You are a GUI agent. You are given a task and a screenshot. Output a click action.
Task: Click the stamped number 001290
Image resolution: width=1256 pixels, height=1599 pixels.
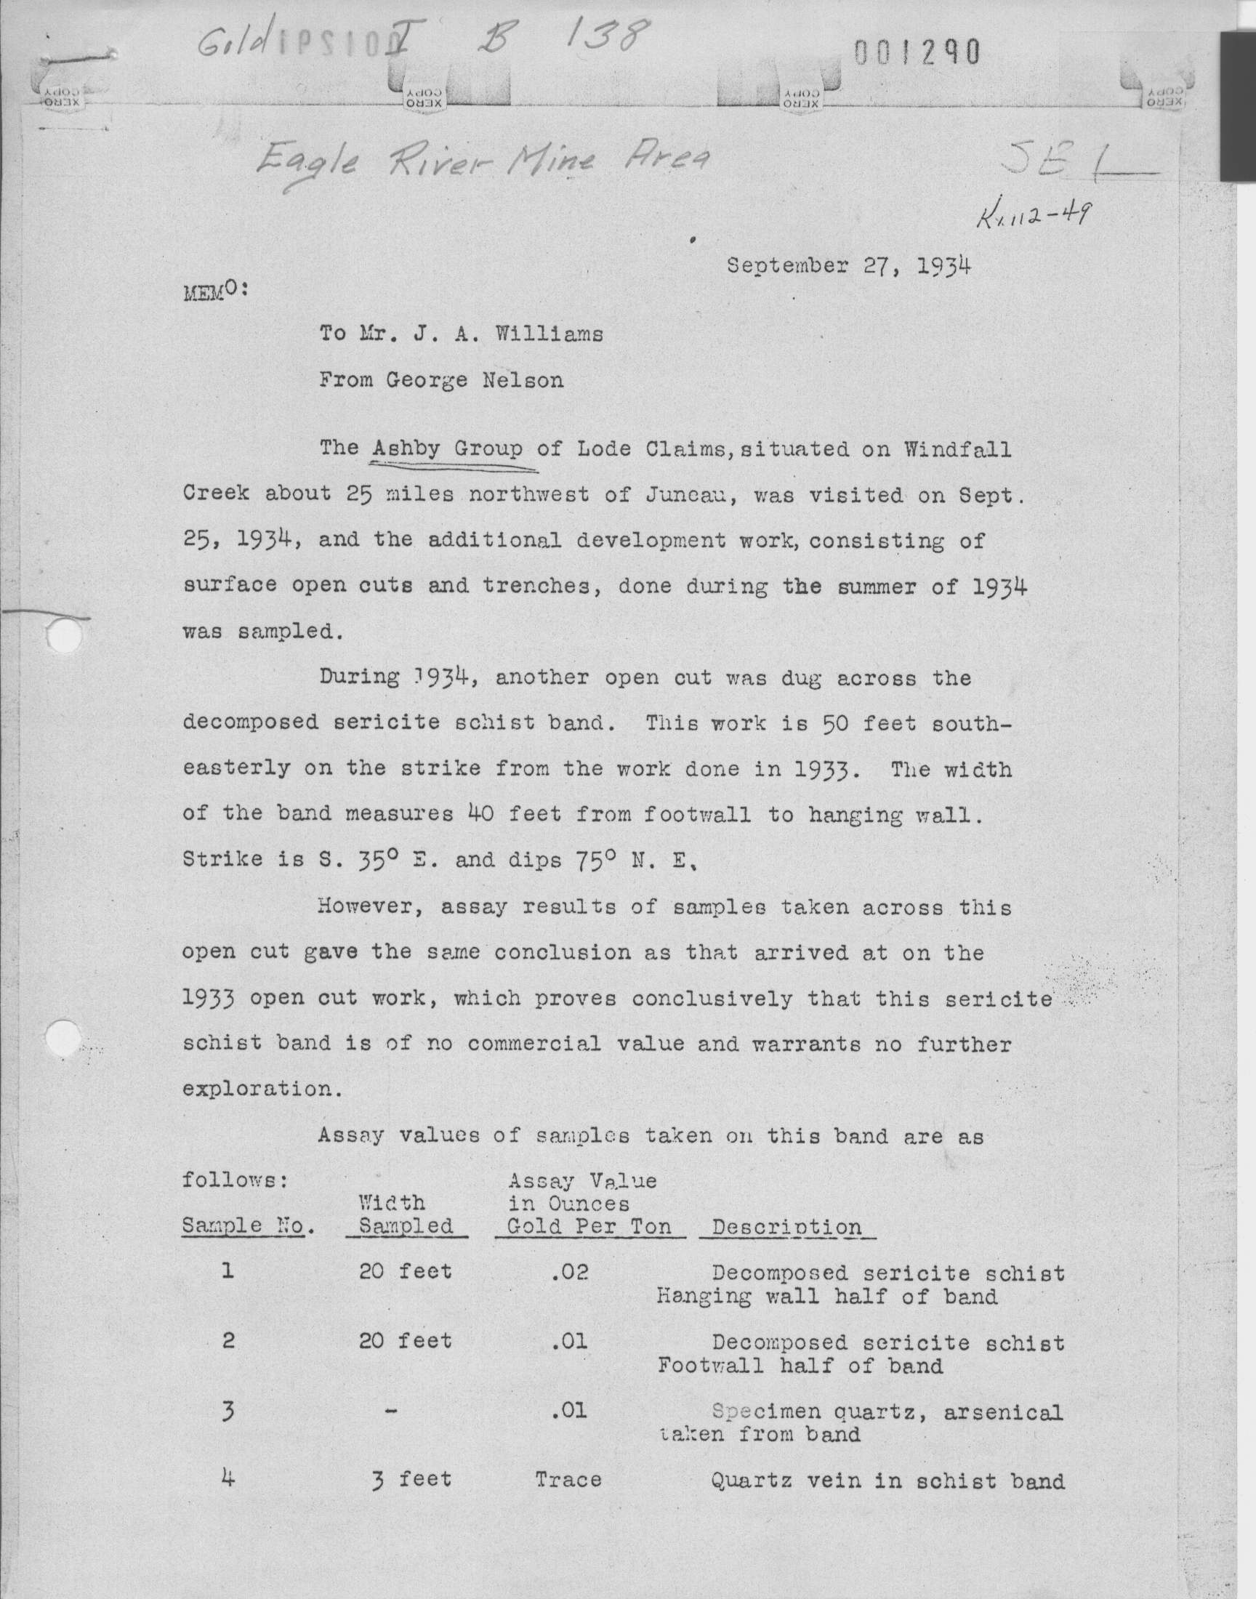[917, 52]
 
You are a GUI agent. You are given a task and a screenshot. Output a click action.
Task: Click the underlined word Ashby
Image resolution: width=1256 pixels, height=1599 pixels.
[406, 448]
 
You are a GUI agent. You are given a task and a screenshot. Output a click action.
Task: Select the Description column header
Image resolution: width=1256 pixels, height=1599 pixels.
[786, 1226]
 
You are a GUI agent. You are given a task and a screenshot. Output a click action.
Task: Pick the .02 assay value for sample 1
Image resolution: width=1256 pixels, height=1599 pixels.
[569, 1273]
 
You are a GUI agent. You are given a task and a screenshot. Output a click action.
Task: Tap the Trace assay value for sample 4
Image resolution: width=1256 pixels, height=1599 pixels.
[568, 1479]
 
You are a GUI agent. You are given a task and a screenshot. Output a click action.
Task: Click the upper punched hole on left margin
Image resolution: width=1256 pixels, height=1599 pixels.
[63, 635]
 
